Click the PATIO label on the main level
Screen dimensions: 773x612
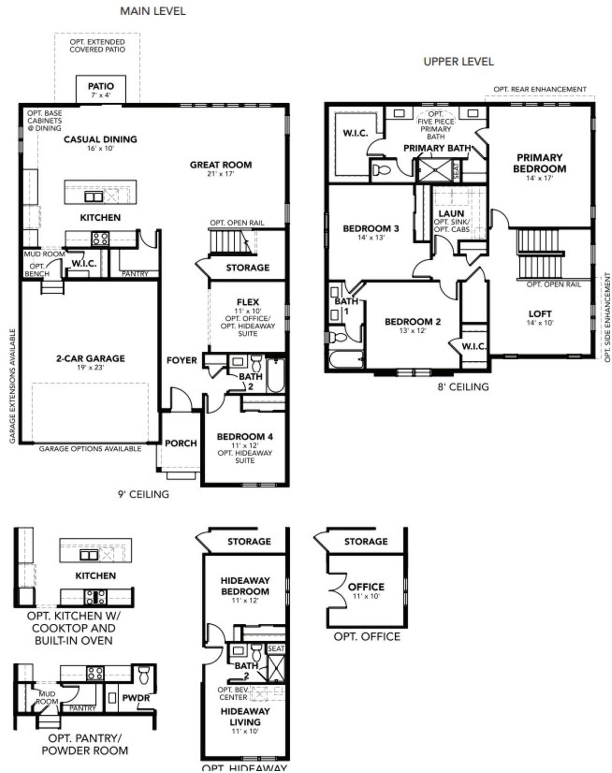click(x=101, y=87)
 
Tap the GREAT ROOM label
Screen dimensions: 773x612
click(x=220, y=165)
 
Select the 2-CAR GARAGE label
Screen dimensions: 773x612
click(x=90, y=358)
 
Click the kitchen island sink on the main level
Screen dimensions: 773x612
click(x=94, y=196)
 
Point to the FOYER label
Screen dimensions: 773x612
click(x=182, y=360)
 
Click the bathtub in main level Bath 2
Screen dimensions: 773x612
click(x=275, y=375)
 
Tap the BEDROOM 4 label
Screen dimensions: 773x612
click(x=245, y=436)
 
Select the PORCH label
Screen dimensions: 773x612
click(x=181, y=443)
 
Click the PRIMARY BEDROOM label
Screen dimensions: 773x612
click(x=539, y=163)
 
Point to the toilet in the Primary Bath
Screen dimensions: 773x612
click(x=381, y=170)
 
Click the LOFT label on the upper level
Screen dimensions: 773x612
click(x=540, y=314)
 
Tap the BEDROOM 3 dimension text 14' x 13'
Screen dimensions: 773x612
click(x=371, y=237)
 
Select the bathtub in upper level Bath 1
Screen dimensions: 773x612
click(x=345, y=359)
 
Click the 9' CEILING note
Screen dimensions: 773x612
click(x=143, y=494)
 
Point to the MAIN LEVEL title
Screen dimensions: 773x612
click(x=153, y=11)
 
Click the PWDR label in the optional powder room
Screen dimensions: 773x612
click(x=136, y=698)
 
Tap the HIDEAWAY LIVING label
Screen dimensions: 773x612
click(x=245, y=717)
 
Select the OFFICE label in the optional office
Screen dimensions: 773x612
click(x=366, y=587)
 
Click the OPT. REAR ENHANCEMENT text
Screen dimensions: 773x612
click(x=540, y=89)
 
